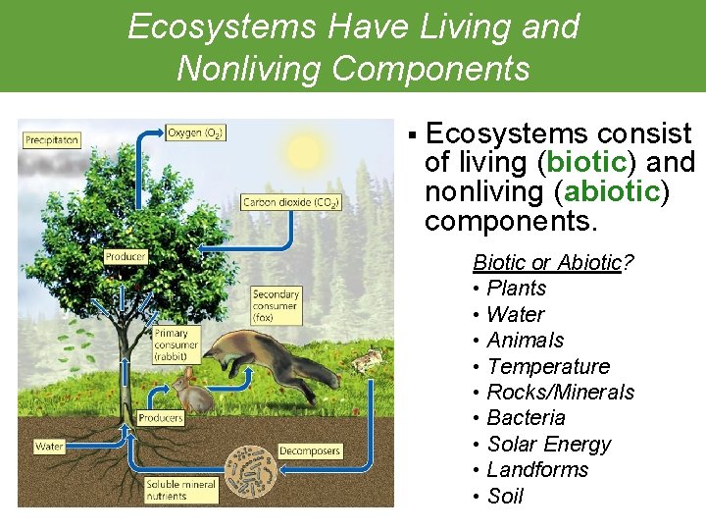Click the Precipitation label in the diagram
point(52,140)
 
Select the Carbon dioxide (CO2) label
point(290,202)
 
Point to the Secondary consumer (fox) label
point(277,306)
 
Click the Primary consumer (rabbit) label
point(176,345)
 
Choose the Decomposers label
point(310,450)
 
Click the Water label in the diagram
point(49,447)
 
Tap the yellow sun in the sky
point(305,152)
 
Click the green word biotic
point(585,161)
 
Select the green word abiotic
point(621,190)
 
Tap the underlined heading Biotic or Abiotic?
point(553,263)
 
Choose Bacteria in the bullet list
point(526,418)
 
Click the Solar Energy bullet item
point(548,444)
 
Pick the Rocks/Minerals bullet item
point(560,393)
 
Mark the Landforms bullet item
point(537,470)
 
